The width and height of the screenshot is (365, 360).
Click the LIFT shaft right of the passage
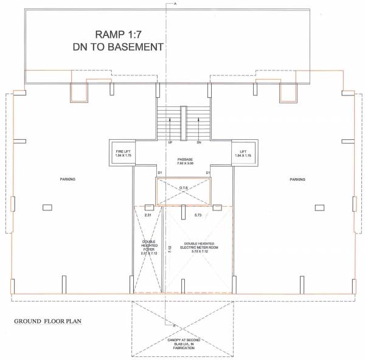pos(243,154)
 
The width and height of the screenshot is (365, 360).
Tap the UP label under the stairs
pos(171,143)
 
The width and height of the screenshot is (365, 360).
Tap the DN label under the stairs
pos(199,143)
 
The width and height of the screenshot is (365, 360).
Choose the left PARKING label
pos(68,179)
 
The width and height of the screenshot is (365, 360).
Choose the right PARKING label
pos(297,179)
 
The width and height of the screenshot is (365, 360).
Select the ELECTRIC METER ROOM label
pos(199,247)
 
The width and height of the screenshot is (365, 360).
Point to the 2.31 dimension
pos(148,215)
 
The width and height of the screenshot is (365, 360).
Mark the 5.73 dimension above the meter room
pos(198,215)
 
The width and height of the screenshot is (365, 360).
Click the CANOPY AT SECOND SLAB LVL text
pos(183,343)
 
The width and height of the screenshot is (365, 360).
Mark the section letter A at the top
pos(175,4)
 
